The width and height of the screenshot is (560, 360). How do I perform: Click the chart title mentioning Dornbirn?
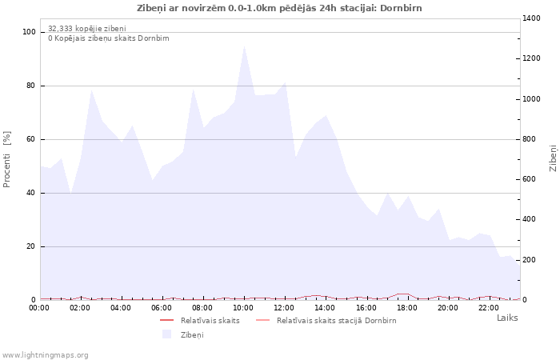(280, 8)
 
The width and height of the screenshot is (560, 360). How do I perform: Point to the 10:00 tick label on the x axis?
(243, 307)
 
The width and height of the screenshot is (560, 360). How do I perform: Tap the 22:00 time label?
(488, 307)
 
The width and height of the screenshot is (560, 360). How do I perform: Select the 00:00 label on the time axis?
(40, 307)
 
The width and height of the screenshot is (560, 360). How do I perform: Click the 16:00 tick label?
(366, 307)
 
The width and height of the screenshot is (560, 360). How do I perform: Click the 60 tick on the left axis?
(31, 139)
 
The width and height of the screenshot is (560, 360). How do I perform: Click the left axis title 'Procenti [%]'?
(7, 159)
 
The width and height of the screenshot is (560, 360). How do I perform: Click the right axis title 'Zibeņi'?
(553, 158)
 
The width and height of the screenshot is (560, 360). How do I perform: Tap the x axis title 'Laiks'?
(507, 318)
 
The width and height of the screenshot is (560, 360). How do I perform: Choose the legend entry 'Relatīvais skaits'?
(210, 320)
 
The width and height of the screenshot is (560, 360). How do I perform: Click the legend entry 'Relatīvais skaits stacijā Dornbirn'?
(336, 320)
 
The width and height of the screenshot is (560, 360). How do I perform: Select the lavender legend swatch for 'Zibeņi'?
(166, 334)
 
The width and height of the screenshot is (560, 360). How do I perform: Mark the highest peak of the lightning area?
(244, 45)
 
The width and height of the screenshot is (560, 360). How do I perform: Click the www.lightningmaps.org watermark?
(46, 354)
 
